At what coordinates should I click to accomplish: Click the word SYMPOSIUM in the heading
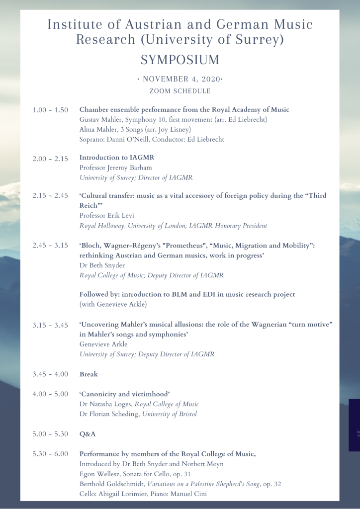point(180,60)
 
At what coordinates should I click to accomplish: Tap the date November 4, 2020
point(180,80)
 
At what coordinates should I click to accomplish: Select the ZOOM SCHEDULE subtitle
point(180,91)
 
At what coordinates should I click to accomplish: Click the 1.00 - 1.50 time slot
point(50,110)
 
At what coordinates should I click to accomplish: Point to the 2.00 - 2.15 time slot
point(50,158)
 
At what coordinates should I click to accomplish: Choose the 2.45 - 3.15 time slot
point(50,246)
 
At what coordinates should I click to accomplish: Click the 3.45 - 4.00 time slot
point(50,374)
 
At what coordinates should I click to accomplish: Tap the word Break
point(89,374)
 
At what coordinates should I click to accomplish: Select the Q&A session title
point(88,434)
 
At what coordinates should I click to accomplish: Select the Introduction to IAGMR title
point(113,158)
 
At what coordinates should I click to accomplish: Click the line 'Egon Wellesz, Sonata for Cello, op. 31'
point(135,474)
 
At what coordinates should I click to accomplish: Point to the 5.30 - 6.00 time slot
point(50,454)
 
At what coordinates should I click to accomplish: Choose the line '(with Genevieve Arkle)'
point(113,304)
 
